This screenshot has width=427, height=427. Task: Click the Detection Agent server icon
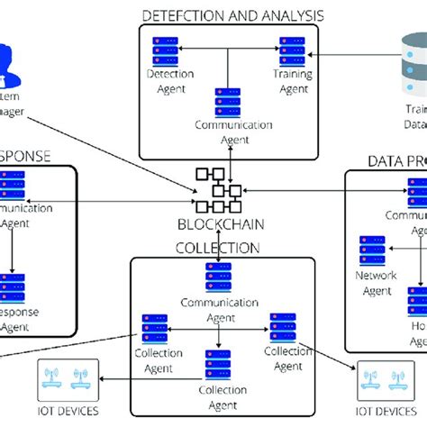pyautogui.click(x=165, y=48)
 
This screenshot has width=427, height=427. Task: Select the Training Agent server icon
pyautogui.click(x=291, y=48)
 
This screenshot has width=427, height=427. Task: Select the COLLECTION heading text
pyautogui.click(x=219, y=247)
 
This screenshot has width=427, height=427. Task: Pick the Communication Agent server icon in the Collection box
pyautogui.click(x=219, y=276)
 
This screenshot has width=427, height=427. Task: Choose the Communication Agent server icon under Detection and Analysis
pyautogui.click(x=228, y=100)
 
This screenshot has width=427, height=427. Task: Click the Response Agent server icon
pyautogui.click(x=13, y=287)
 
